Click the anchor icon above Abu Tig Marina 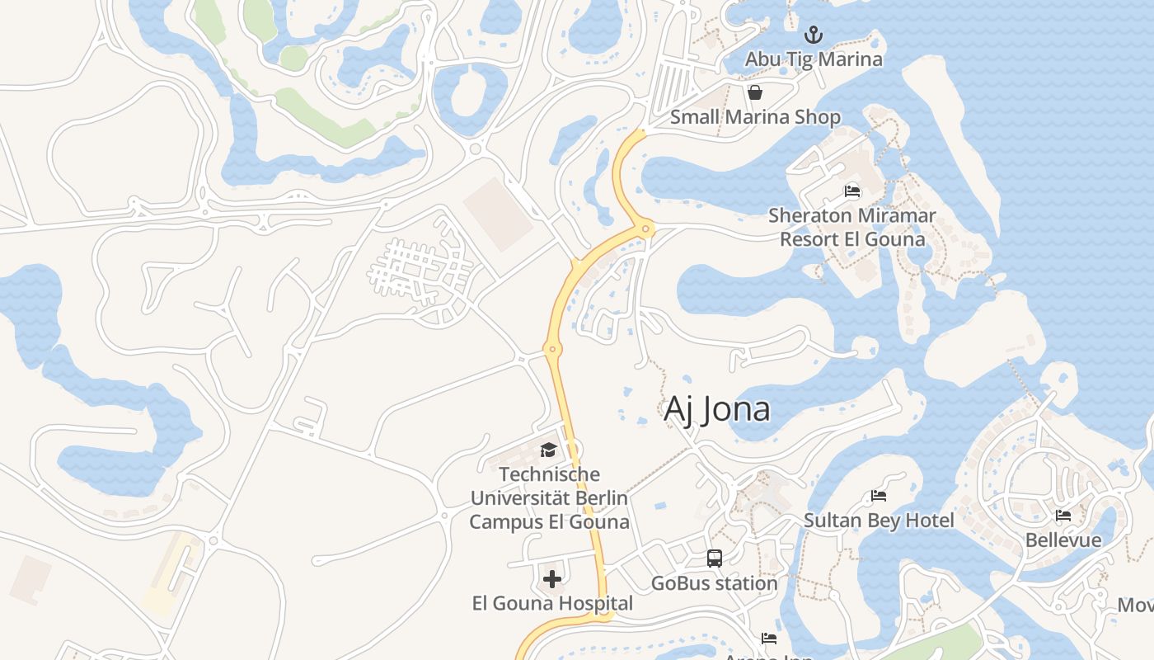814,35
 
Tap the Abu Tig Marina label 814,59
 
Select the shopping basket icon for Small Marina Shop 754,92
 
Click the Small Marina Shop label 755,117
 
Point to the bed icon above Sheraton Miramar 852,191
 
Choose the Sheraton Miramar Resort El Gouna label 852,228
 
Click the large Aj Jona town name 717,409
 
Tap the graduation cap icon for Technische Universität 548,450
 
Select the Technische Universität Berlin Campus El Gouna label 549,498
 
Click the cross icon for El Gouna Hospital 552,579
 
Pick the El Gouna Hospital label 552,604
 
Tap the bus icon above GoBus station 715,559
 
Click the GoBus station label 715,583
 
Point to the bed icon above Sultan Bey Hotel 879,496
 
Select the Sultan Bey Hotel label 879,521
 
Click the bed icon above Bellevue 1063,516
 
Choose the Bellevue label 1063,540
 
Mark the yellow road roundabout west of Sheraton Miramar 646,229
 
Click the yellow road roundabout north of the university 553,350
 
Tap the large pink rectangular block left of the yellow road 498,214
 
